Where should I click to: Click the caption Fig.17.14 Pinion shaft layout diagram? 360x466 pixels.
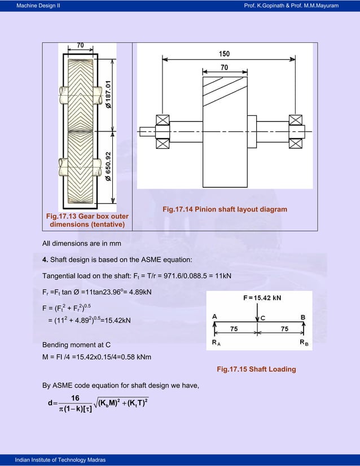coord(225,210)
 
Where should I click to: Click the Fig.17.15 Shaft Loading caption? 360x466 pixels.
coord(256,370)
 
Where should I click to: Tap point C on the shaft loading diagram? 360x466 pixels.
coord(262,318)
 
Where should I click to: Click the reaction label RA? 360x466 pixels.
coord(217,342)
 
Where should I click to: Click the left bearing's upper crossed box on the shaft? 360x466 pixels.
coord(164,120)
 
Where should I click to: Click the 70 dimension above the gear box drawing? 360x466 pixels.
coord(81,45)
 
